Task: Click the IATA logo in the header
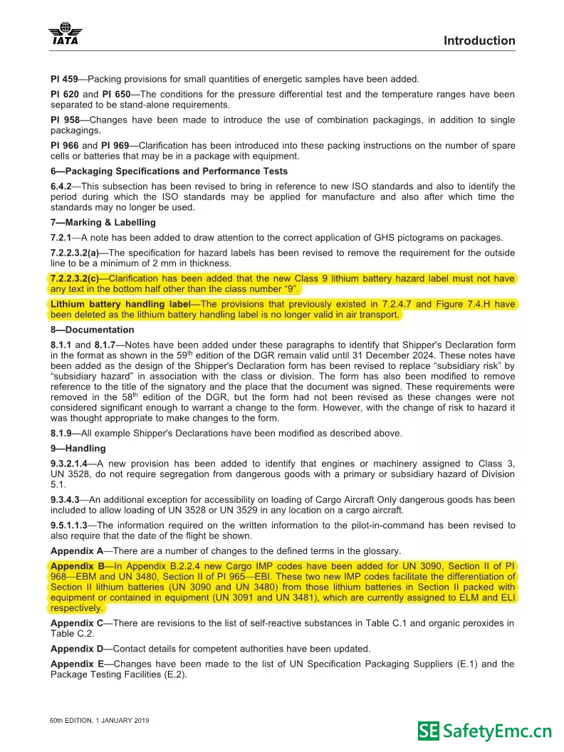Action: coord(65,33)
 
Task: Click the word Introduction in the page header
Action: coord(479,41)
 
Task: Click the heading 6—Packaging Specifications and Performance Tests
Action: coord(169,171)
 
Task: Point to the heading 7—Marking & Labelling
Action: coord(103,222)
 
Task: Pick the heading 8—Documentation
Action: coord(92,330)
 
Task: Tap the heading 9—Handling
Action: coord(78,448)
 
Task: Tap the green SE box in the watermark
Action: coord(429,731)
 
